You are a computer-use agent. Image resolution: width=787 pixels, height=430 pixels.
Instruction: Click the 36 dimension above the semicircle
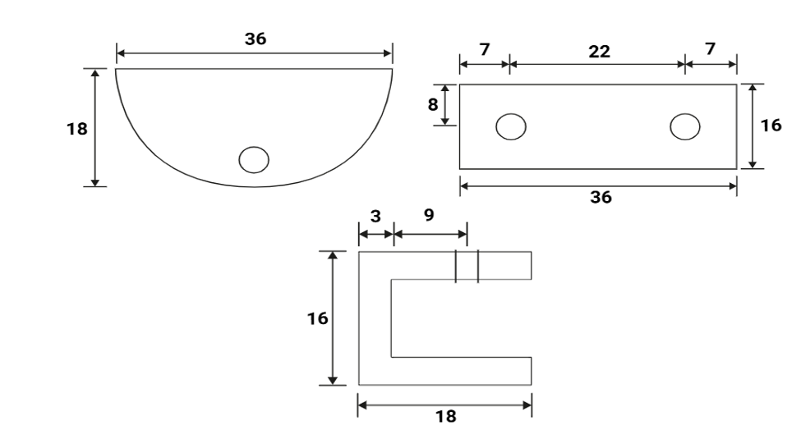pyautogui.click(x=255, y=39)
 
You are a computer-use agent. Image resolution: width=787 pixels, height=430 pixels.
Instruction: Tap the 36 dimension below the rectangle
pyautogui.click(x=601, y=198)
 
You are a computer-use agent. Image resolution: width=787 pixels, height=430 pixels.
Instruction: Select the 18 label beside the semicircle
pyautogui.click(x=76, y=130)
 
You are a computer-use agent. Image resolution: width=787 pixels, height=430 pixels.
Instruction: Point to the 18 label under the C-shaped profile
pyautogui.click(x=446, y=416)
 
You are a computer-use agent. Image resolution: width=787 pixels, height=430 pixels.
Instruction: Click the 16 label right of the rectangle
pyautogui.click(x=771, y=126)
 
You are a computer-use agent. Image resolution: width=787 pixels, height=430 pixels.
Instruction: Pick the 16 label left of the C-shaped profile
pyautogui.click(x=318, y=318)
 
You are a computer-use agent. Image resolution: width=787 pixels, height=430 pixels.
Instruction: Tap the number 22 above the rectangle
pyautogui.click(x=599, y=51)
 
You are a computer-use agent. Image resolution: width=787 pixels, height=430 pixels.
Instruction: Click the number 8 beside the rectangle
pyautogui.click(x=433, y=105)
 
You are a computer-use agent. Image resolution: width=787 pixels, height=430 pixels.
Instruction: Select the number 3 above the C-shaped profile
pyautogui.click(x=375, y=217)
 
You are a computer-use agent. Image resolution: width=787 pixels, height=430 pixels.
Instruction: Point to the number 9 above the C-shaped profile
pyautogui.click(x=429, y=214)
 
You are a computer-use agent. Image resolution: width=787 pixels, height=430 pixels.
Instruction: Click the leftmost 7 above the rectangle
pyautogui.click(x=485, y=49)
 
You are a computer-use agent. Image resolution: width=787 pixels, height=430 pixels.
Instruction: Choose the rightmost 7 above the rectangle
pyautogui.click(x=710, y=49)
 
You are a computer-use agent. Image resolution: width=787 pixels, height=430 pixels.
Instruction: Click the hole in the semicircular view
pyautogui.click(x=254, y=160)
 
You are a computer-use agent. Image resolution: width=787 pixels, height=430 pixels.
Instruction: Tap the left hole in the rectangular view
pyautogui.click(x=511, y=126)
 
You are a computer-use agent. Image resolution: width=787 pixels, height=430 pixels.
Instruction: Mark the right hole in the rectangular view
pyautogui.click(x=685, y=126)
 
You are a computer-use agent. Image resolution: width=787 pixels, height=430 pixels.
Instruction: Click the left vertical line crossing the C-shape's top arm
pyautogui.click(x=456, y=266)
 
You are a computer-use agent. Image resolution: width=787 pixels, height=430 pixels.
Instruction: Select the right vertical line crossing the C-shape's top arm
pyautogui.click(x=478, y=266)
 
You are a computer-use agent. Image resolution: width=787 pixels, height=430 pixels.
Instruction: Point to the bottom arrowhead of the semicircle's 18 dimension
pyautogui.click(x=95, y=182)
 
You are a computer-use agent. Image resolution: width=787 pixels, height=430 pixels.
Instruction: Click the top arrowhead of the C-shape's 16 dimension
pyautogui.click(x=332, y=255)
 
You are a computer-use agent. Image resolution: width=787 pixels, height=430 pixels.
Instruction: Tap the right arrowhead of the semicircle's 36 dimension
pyautogui.click(x=388, y=53)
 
